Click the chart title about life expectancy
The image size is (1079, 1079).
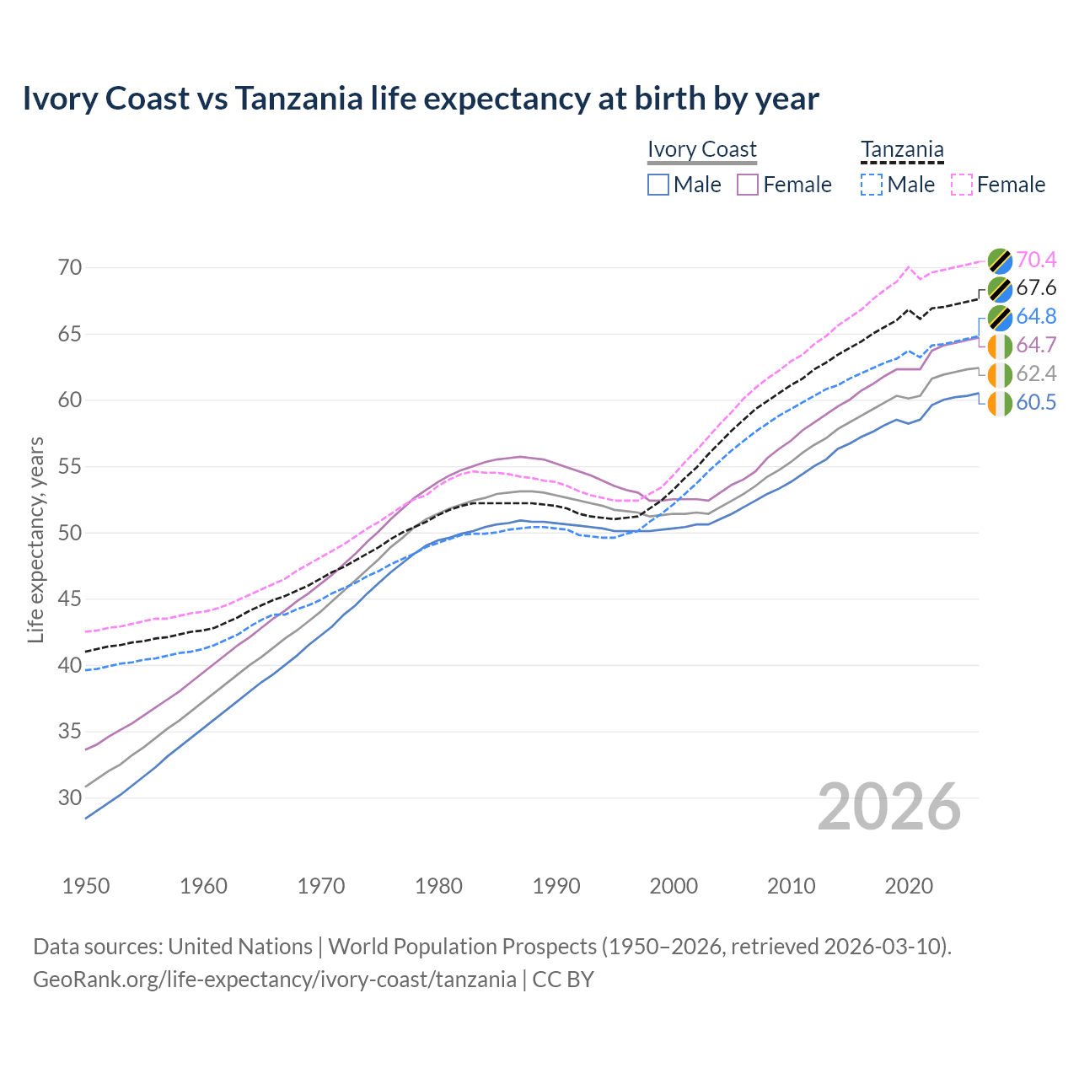tap(421, 99)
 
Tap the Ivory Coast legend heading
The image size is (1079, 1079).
tap(701, 149)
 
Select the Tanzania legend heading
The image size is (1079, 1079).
tap(902, 149)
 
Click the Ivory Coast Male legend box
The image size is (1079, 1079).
tap(658, 185)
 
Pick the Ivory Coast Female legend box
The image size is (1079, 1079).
tap(748, 185)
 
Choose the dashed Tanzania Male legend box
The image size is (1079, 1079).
tap(872, 185)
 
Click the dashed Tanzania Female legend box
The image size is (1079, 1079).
tap(962, 185)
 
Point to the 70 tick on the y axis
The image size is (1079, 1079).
tap(70, 268)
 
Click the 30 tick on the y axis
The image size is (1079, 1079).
tap(70, 797)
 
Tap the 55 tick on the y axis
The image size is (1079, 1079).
tap(70, 466)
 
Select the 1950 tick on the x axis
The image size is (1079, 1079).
tap(86, 886)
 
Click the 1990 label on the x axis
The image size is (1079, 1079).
tap(556, 886)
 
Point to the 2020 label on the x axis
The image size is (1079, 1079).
tap(909, 886)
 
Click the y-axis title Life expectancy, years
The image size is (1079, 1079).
tap(35, 539)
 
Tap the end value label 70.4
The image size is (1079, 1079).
tap(1036, 260)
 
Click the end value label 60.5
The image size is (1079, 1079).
tap(1036, 403)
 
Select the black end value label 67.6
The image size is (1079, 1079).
tap(1036, 288)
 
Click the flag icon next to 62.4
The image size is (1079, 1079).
tap(1000, 374)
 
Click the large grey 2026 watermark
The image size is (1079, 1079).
tap(889, 807)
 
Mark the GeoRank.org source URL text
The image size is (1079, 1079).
tap(275, 980)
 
